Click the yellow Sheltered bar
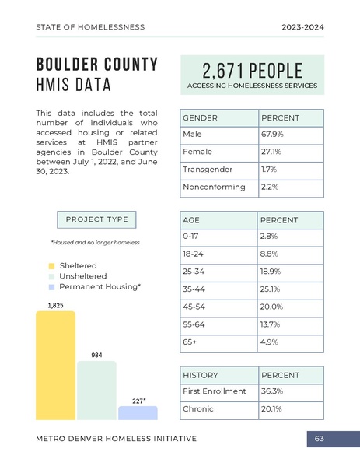coord(55,366)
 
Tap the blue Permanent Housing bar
coord(137,413)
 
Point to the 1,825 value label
coord(56,305)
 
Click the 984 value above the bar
coord(96,355)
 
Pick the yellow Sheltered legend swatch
coord(51,266)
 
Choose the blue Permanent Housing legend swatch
coord(51,287)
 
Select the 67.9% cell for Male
coord(290,135)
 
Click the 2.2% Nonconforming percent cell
coord(290,187)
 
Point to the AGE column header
coord(218,220)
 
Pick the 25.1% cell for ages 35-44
coord(290,289)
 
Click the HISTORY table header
coord(218,375)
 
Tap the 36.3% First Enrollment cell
coord(290,391)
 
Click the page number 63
coord(320,439)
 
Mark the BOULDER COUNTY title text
coord(97,64)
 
